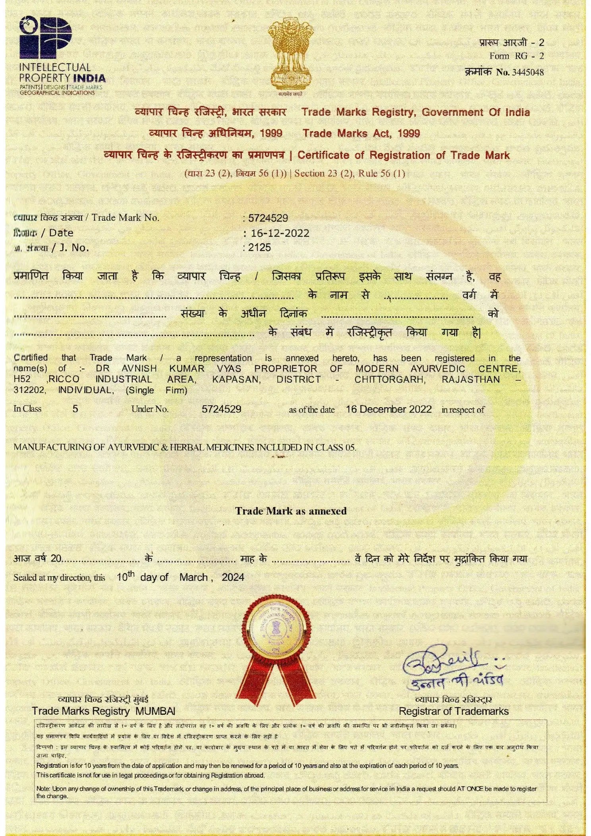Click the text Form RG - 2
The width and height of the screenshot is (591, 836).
coord(516,56)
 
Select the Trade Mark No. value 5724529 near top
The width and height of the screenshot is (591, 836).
coord(268,218)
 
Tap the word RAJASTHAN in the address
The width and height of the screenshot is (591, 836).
coord(471,379)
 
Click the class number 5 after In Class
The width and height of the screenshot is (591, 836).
coord(75,409)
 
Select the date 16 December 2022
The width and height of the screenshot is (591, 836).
coord(388,409)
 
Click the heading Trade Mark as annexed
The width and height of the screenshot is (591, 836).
coord(291,511)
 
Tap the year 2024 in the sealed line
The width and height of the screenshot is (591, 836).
coord(233,577)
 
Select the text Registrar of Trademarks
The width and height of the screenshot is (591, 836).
coord(453,711)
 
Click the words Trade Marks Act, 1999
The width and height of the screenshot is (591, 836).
coord(361,133)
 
